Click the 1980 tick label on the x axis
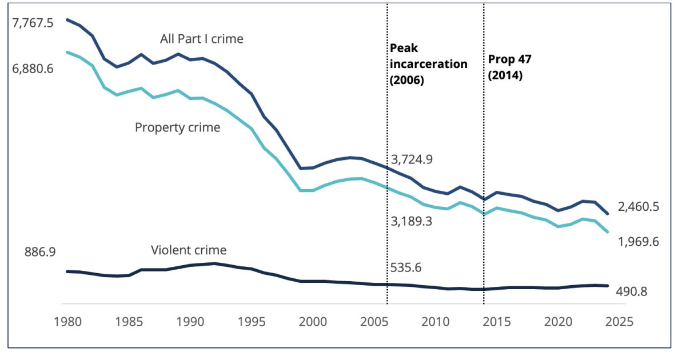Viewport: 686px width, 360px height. (x=67, y=322)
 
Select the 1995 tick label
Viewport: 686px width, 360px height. (x=251, y=322)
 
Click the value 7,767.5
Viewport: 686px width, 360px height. (x=33, y=25)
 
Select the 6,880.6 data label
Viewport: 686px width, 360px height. (x=33, y=69)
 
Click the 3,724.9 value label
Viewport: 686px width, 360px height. (x=412, y=159)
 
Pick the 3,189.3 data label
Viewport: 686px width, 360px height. (x=412, y=221)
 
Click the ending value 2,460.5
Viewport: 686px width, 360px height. (x=639, y=207)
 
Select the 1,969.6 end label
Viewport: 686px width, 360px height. (x=638, y=242)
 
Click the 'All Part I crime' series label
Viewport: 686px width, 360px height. (x=202, y=39)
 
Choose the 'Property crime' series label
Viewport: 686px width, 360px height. (x=177, y=127)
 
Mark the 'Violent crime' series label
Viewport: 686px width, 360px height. (x=189, y=250)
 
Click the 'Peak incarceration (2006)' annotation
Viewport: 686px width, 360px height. (x=428, y=64)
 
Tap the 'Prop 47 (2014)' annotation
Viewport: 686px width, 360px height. (x=510, y=67)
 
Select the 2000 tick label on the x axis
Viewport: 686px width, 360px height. (x=313, y=322)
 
